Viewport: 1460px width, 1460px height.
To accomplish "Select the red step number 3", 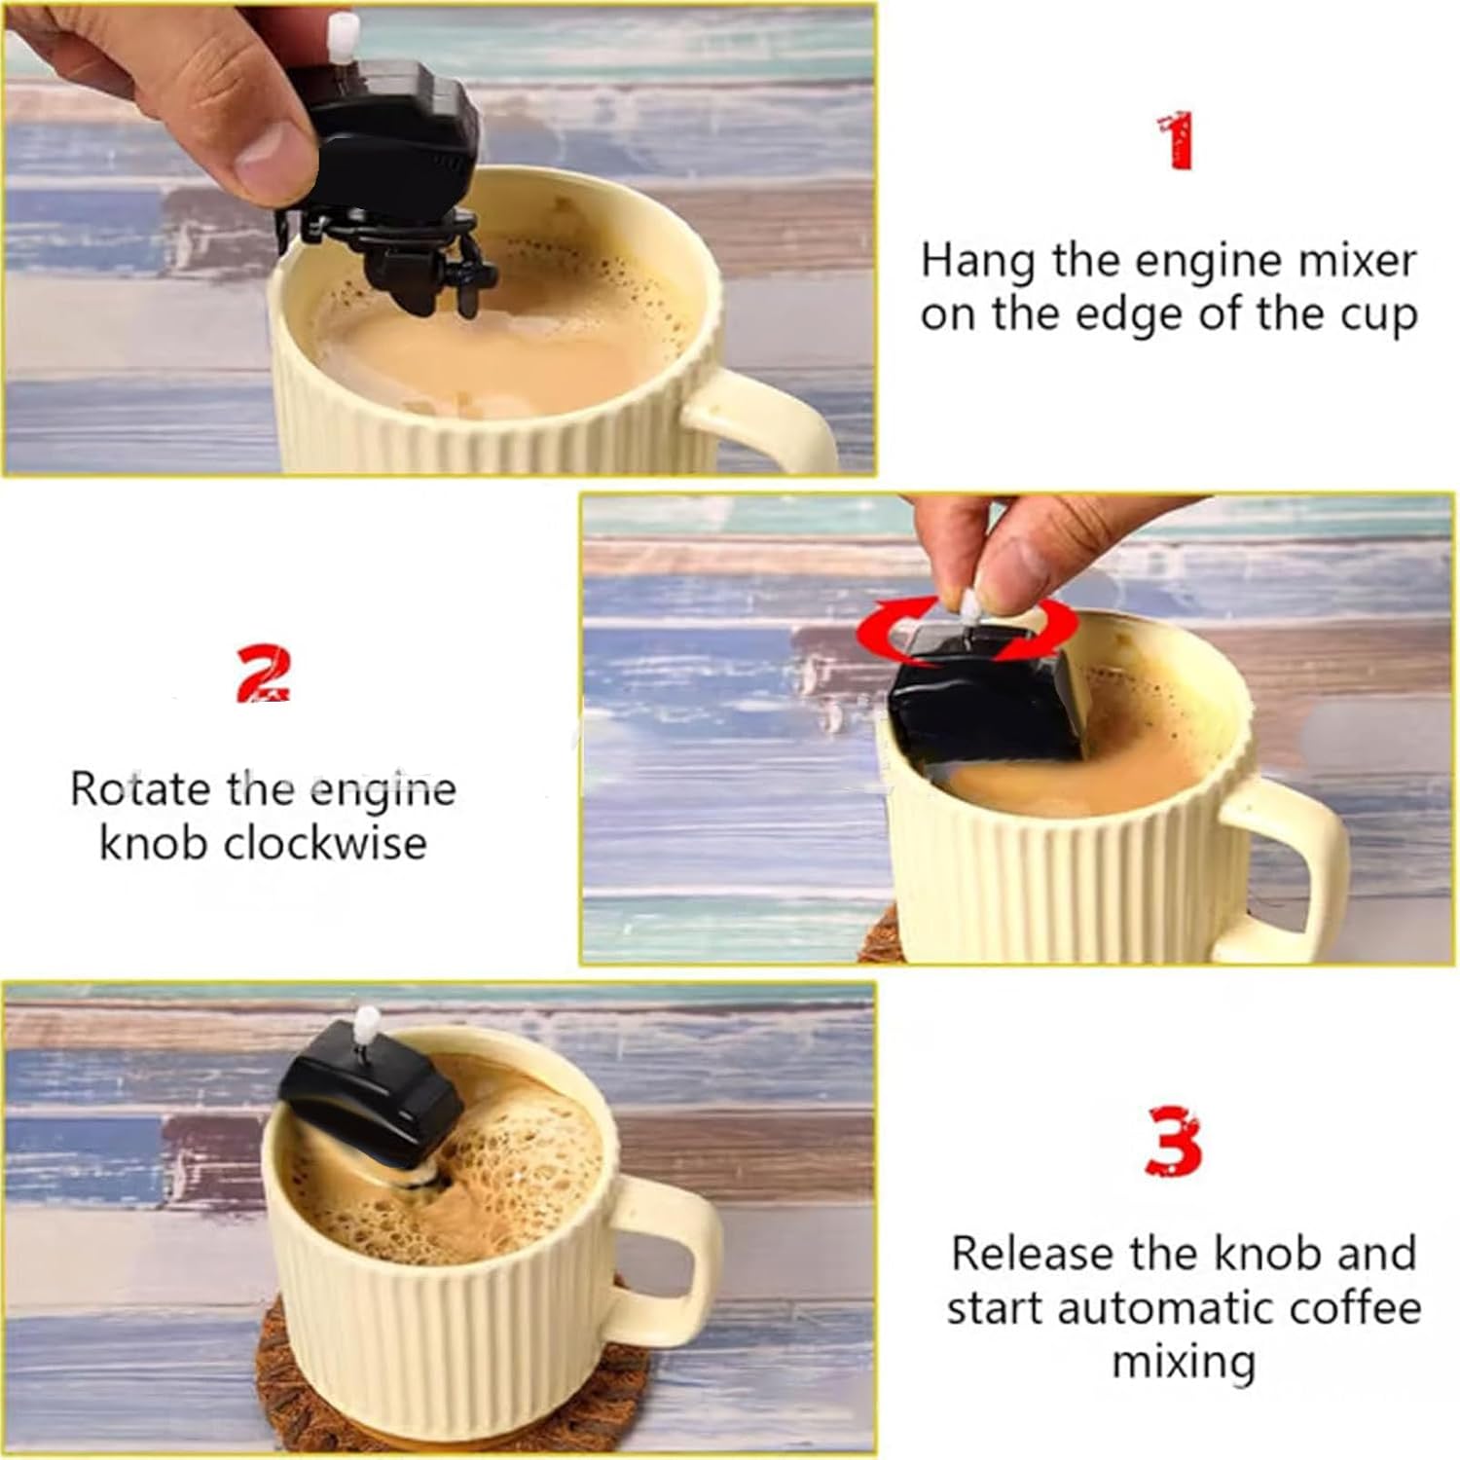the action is point(1174,1141).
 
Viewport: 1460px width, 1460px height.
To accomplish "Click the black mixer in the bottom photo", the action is point(373,1099).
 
